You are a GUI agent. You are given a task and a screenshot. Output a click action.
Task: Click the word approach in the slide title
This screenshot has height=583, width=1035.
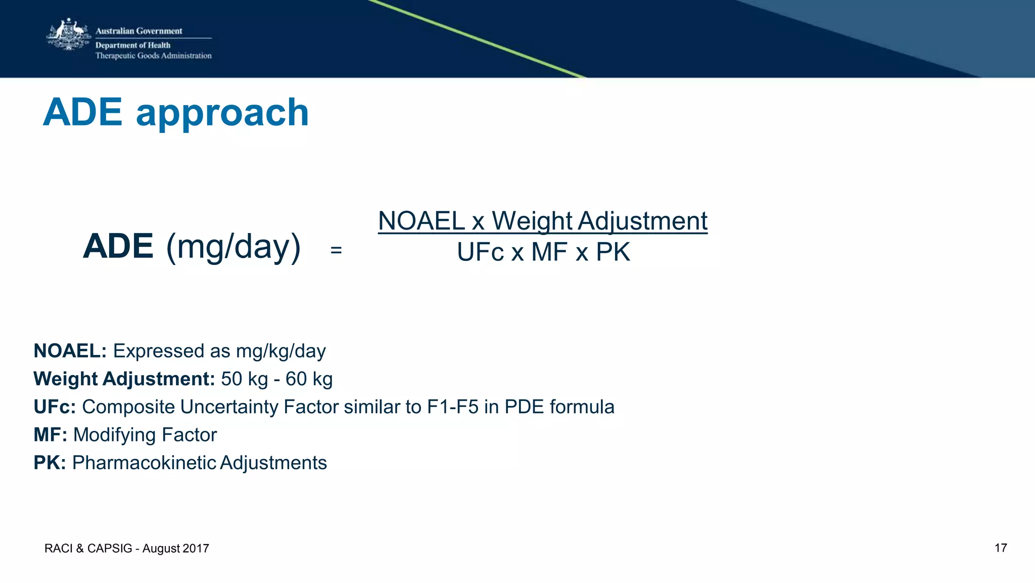point(222,113)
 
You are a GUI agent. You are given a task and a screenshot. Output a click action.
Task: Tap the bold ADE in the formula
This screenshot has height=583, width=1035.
point(118,246)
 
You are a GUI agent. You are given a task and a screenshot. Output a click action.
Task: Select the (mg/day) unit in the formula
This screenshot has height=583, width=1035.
point(233,247)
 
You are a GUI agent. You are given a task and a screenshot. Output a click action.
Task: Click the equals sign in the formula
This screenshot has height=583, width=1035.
point(336,250)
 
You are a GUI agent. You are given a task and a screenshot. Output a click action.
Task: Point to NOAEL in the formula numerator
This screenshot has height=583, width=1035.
point(421,221)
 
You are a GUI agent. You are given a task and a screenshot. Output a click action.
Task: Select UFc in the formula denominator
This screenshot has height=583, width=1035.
point(480,252)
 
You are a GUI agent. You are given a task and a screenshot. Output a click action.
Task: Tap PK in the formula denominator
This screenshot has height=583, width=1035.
point(613,252)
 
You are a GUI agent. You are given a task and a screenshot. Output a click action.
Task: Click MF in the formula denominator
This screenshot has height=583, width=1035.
point(549,252)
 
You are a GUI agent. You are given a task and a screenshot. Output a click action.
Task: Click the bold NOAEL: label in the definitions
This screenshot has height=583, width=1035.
point(70,351)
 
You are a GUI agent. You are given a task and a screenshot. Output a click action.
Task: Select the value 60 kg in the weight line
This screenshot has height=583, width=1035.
point(309,379)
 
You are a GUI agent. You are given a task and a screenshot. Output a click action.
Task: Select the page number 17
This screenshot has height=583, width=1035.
point(1001,548)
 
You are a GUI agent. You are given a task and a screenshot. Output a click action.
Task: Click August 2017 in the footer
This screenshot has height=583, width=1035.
point(175,549)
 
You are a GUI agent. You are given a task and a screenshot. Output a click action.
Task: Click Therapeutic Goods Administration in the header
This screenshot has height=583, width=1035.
point(153,56)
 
